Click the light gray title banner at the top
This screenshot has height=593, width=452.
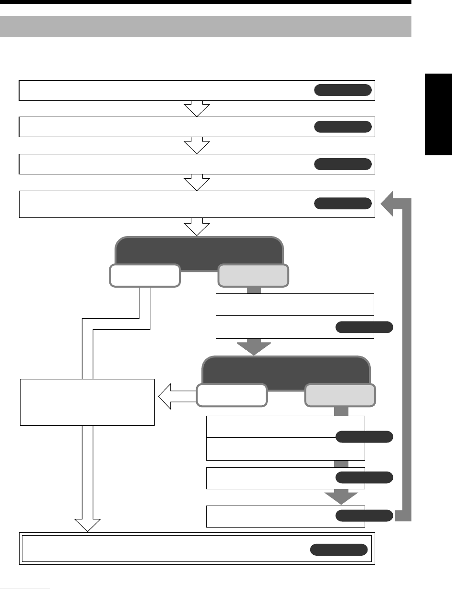pyautogui.click(x=206, y=27)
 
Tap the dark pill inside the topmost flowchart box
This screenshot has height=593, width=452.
pyautogui.click(x=343, y=90)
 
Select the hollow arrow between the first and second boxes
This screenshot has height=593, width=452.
pyautogui.click(x=197, y=109)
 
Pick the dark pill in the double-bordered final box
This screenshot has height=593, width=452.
pyautogui.click(x=339, y=550)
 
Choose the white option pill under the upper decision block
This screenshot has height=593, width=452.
pyautogui.click(x=145, y=276)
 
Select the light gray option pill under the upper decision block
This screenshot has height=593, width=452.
pyautogui.click(x=253, y=276)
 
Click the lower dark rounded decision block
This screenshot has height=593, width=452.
pyautogui.click(x=286, y=372)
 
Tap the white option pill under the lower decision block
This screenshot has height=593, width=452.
pyautogui.click(x=231, y=395)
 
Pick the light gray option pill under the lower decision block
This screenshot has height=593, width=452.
pyautogui.click(x=340, y=395)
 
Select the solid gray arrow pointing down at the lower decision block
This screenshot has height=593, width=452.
pyautogui.click(x=253, y=346)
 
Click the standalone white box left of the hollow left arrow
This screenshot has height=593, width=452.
pyautogui.click(x=87, y=402)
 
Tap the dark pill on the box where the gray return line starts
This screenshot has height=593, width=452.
pyautogui.click(x=364, y=515)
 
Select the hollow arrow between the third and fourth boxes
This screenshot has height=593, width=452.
pyautogui.click(x=197, y=183)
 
